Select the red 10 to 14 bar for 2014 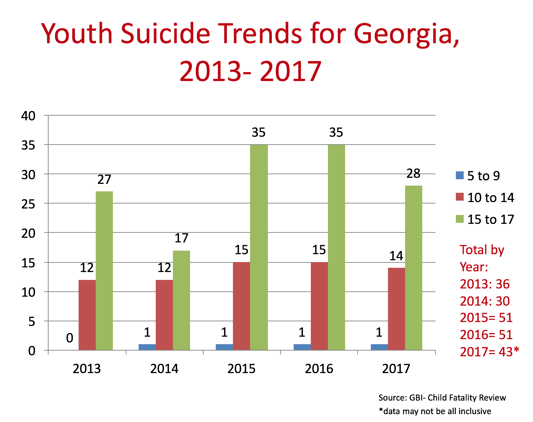(164, 315)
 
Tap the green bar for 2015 (259, 247)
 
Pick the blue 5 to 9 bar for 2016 (302, 347)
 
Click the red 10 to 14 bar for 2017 (397, 309)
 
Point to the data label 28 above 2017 (413, 174)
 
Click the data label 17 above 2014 (181, 238)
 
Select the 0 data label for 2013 (70, 338)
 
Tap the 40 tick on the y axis (29, 116)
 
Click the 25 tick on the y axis (29, 204)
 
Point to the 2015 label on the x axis (241, 369)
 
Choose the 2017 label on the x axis (396, 369)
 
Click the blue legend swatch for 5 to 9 (459, 175)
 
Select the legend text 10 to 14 (490, 197)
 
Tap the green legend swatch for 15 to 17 (459, 219)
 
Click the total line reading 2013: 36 (484, 284)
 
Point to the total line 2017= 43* (489, 352)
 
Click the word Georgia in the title (406, 34)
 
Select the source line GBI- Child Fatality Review (442, 398)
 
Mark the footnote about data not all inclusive (435, 411)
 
